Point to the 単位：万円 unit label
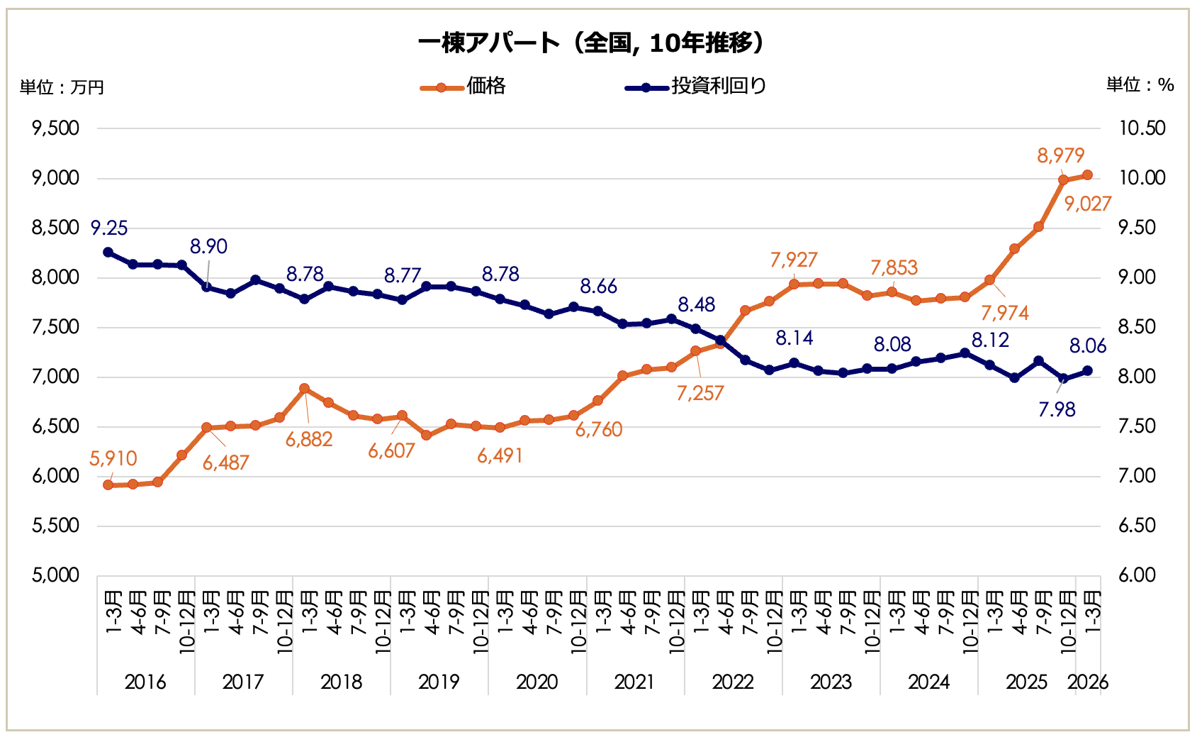pos(62,87)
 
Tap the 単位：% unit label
pos(1140,85)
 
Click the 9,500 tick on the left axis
pos(56,128)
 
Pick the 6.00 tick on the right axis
pos(1142,575)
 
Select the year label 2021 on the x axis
pos(634,682)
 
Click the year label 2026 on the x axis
pos(1088,682)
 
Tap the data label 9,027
pos(1088,204)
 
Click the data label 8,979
pos(1060,155)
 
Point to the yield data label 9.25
pos(109,228)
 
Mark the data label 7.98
pos(1057,409)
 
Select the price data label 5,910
pos(113,459)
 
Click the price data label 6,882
pos(309,440)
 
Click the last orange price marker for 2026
pos(1087,175)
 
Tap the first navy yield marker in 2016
pos(108,252)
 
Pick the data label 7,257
pos(700,394)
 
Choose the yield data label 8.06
pos(1088,346)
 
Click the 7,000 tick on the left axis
pos(56,377)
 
